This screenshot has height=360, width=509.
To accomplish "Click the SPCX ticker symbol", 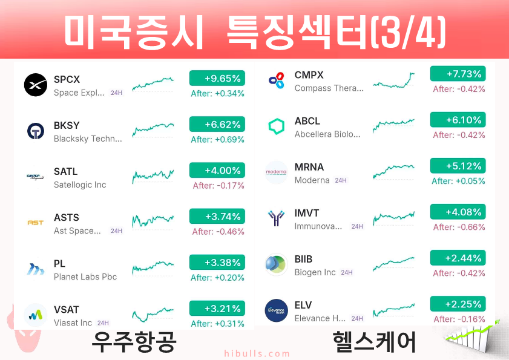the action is point(67,79).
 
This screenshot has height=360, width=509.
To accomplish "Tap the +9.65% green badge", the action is point(217,78).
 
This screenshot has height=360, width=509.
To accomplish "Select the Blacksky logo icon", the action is point(36,131).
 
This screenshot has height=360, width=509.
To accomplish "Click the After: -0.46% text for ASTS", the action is point(218,232).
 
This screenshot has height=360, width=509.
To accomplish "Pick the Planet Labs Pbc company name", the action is point(85,277).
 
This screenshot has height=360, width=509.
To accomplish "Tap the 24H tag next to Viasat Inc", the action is point(103,323).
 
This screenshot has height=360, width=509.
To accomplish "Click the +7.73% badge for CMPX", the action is point(458,74).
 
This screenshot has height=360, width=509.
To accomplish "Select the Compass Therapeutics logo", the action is point(277,80).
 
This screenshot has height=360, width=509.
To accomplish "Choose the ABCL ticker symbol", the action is point(307,121).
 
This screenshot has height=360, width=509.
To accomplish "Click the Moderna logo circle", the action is point(276,172).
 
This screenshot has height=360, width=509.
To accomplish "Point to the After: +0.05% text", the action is point(458,181).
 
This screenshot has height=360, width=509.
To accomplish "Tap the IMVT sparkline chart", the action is point(394,218).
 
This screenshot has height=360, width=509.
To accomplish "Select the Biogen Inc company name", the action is point(315,272).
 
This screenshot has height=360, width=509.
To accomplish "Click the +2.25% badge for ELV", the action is point(458,304).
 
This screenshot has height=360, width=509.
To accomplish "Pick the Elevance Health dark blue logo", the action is point(276,310).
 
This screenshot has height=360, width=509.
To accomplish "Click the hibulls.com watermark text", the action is point(257,353).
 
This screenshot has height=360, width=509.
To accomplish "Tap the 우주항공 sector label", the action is point(134,342).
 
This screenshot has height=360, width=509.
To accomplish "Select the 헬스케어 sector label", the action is point(374,342).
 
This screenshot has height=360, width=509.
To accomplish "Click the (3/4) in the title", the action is point(408,33).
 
